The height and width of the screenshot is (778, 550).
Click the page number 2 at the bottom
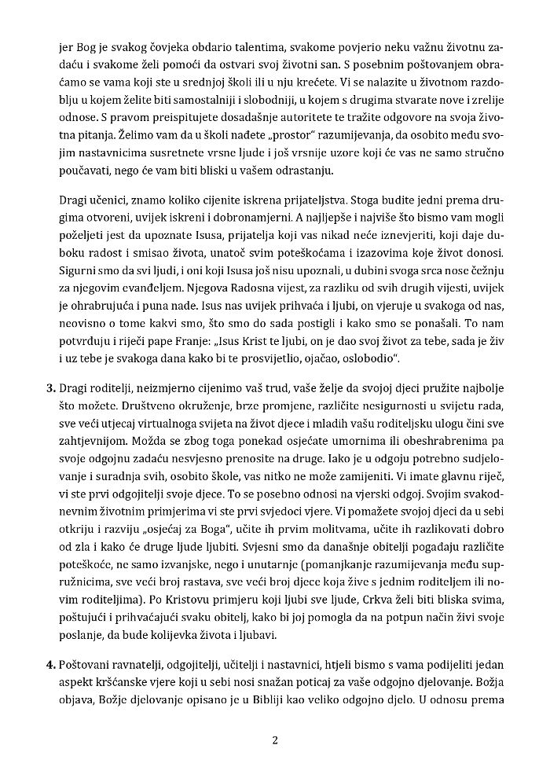pos(275,739)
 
